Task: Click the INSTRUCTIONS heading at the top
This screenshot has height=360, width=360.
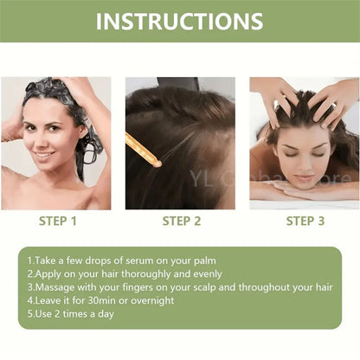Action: [180, 21]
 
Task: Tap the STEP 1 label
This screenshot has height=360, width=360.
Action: [58, 222]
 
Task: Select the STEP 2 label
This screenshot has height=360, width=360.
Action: [182, 222]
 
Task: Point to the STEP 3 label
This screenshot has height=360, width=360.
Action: [305, 222]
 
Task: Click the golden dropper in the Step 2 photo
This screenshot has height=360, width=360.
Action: [144, 149]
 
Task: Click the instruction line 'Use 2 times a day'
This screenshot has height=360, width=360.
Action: [69, 313]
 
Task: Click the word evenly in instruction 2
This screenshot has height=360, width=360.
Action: [200, 273]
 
